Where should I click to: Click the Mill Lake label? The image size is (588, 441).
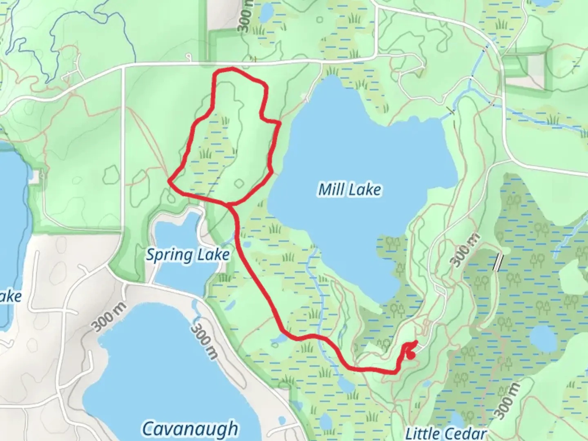click(350, 189)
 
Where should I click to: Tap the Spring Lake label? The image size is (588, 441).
click(188, 255)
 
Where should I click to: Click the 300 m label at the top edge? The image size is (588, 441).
click(245, 16)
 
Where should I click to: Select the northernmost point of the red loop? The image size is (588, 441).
click(231, 69)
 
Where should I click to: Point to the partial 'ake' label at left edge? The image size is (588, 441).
click(10, 296)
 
